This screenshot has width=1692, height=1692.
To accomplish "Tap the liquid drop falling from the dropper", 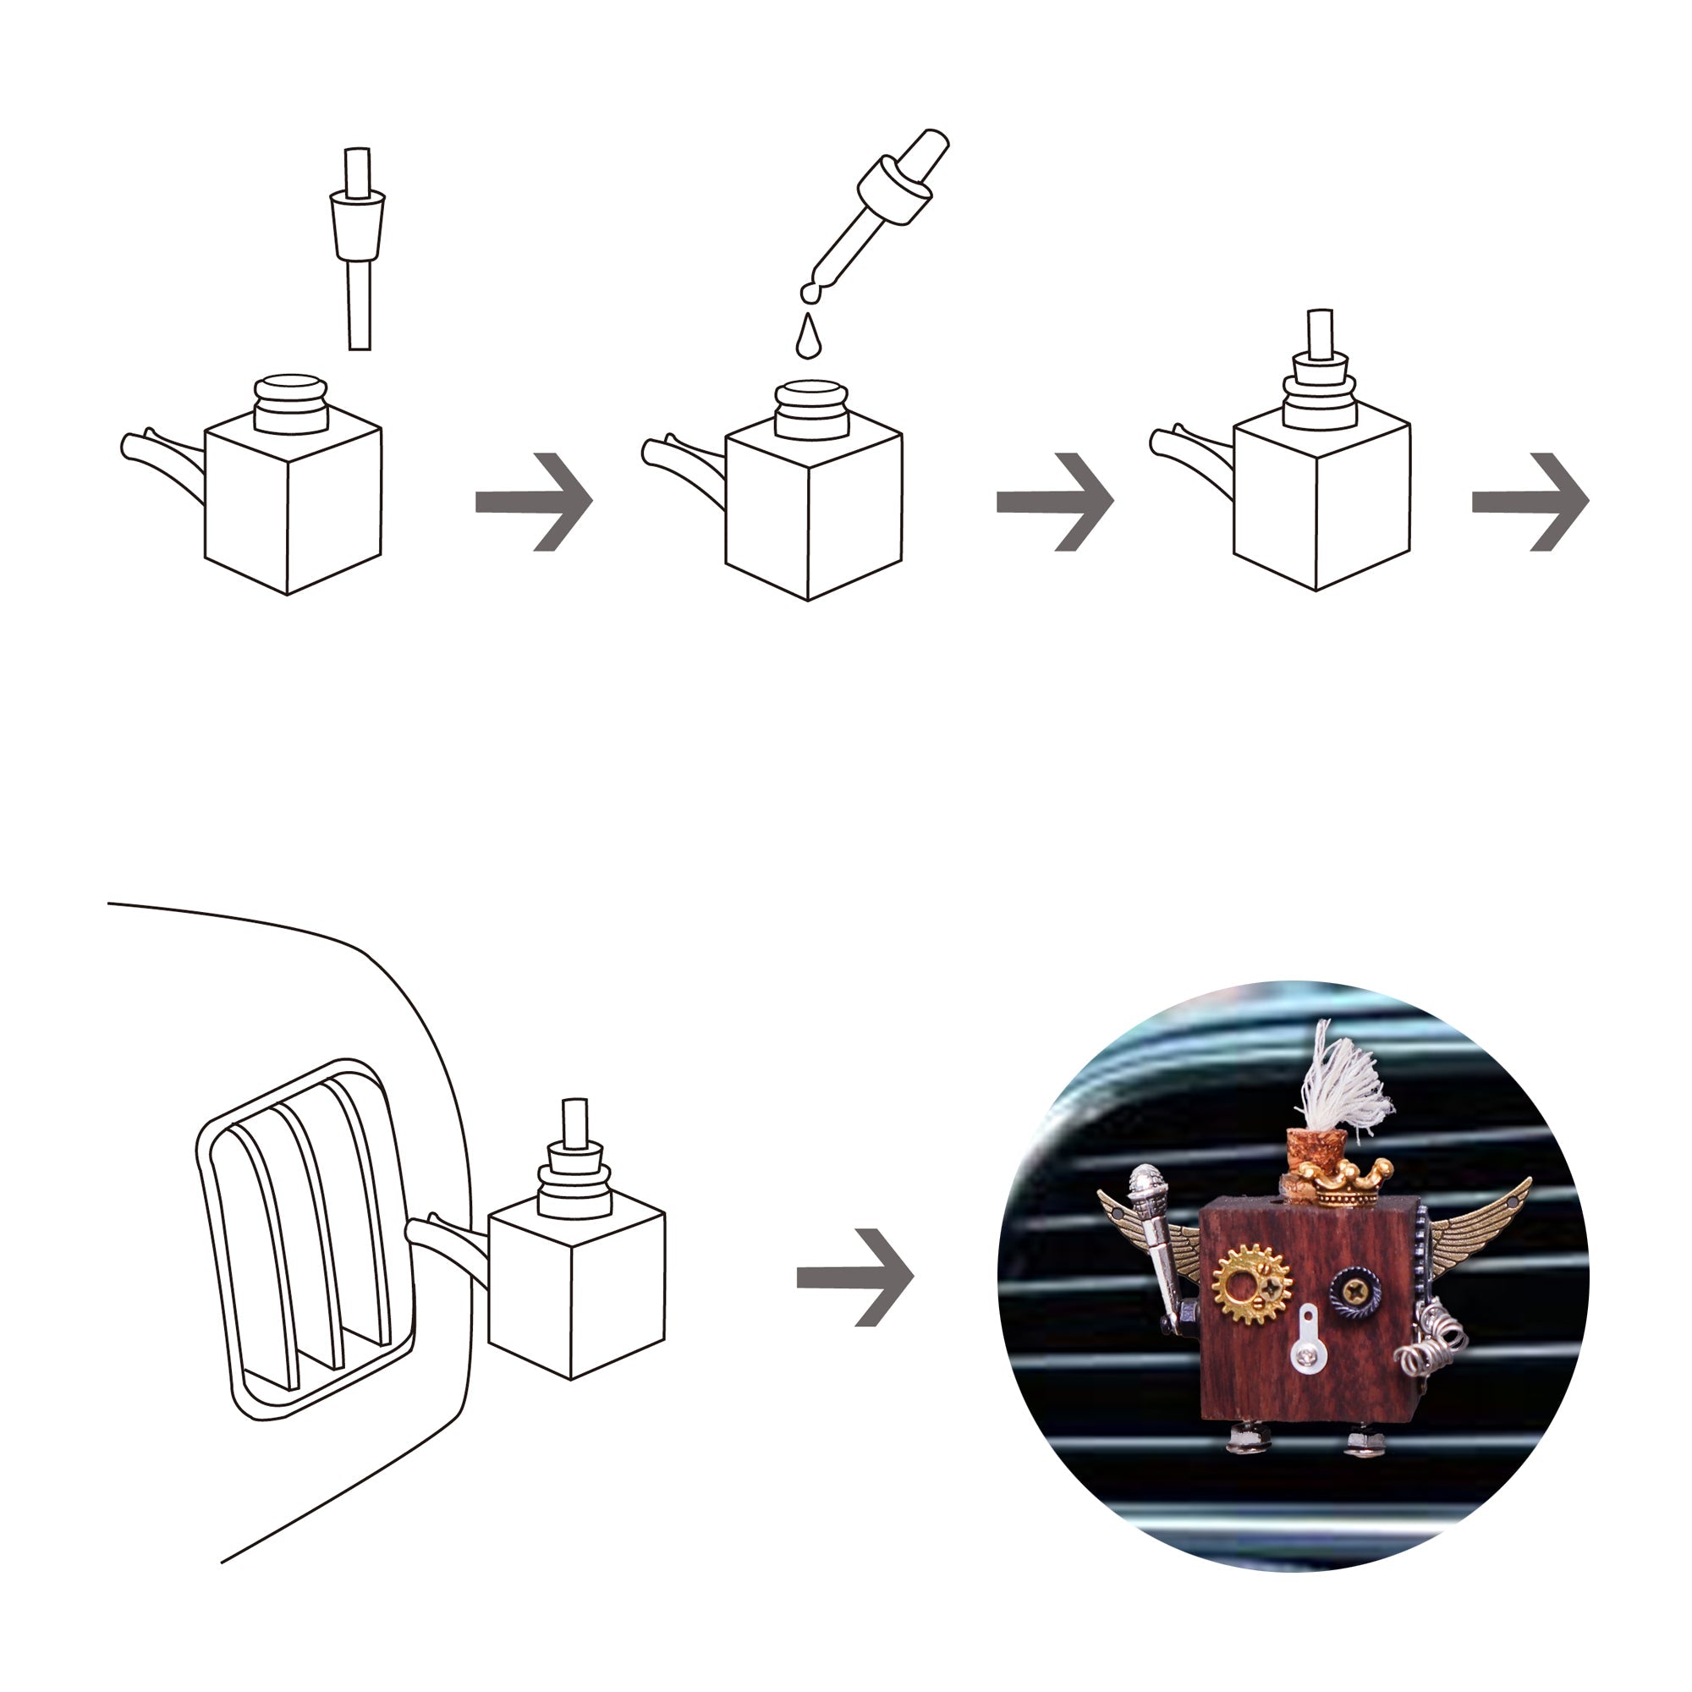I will tap(808, 338).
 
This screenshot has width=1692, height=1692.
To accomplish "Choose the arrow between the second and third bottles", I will tap(1055, 502).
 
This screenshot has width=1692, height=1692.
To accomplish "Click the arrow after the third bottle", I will tap(1531, 502).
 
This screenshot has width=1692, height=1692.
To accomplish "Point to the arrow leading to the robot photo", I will tap(854, 1277).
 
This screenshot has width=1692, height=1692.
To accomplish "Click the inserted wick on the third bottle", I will tap(1319, 332).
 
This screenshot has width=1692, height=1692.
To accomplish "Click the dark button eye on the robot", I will tap(1353, 1288).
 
